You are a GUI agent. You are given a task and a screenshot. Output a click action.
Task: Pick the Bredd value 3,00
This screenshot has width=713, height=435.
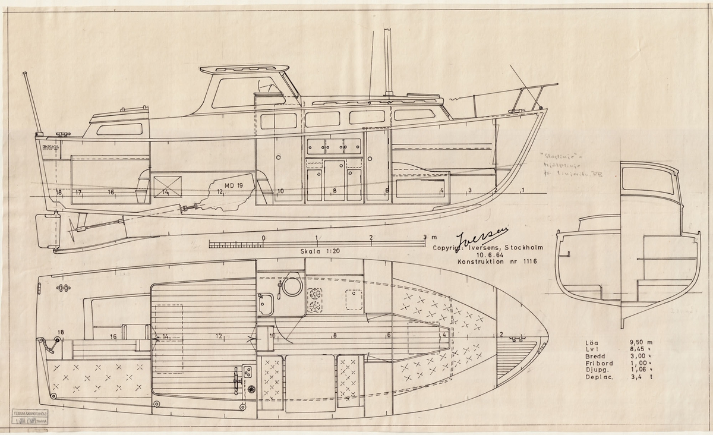pos(639,360)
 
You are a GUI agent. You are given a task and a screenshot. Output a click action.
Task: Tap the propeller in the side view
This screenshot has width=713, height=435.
pos(75,226)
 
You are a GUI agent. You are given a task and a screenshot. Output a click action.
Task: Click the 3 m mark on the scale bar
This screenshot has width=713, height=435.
pos(424,238)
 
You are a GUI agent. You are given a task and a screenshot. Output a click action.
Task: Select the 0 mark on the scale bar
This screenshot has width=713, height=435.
pos(263,238)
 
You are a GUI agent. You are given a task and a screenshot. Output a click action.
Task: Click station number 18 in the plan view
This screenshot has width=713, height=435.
pos(61,332)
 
